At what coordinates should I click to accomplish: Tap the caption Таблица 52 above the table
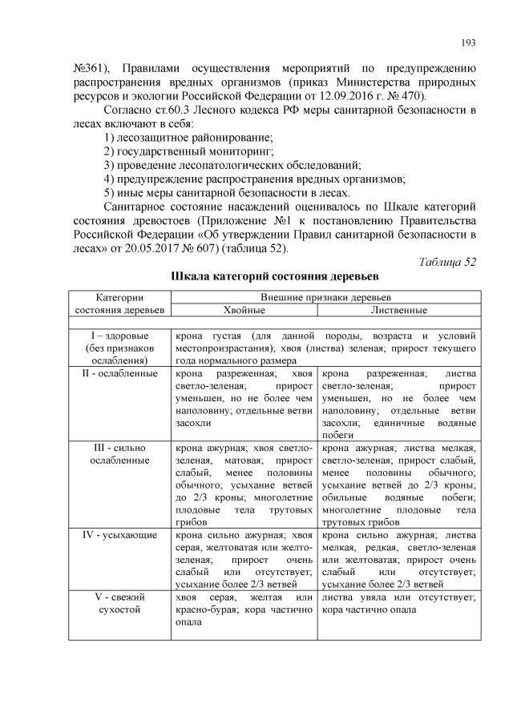click(x=449, y=262)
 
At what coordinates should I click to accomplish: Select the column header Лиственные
click(x=398, y=309)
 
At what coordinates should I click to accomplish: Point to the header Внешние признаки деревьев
click(x=321, y=296)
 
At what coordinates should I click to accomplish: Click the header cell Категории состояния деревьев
click(x=119, y=303)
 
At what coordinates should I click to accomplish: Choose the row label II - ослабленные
click(x=119, y=374)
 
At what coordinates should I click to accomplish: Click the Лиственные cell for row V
click(x=398, y=604)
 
